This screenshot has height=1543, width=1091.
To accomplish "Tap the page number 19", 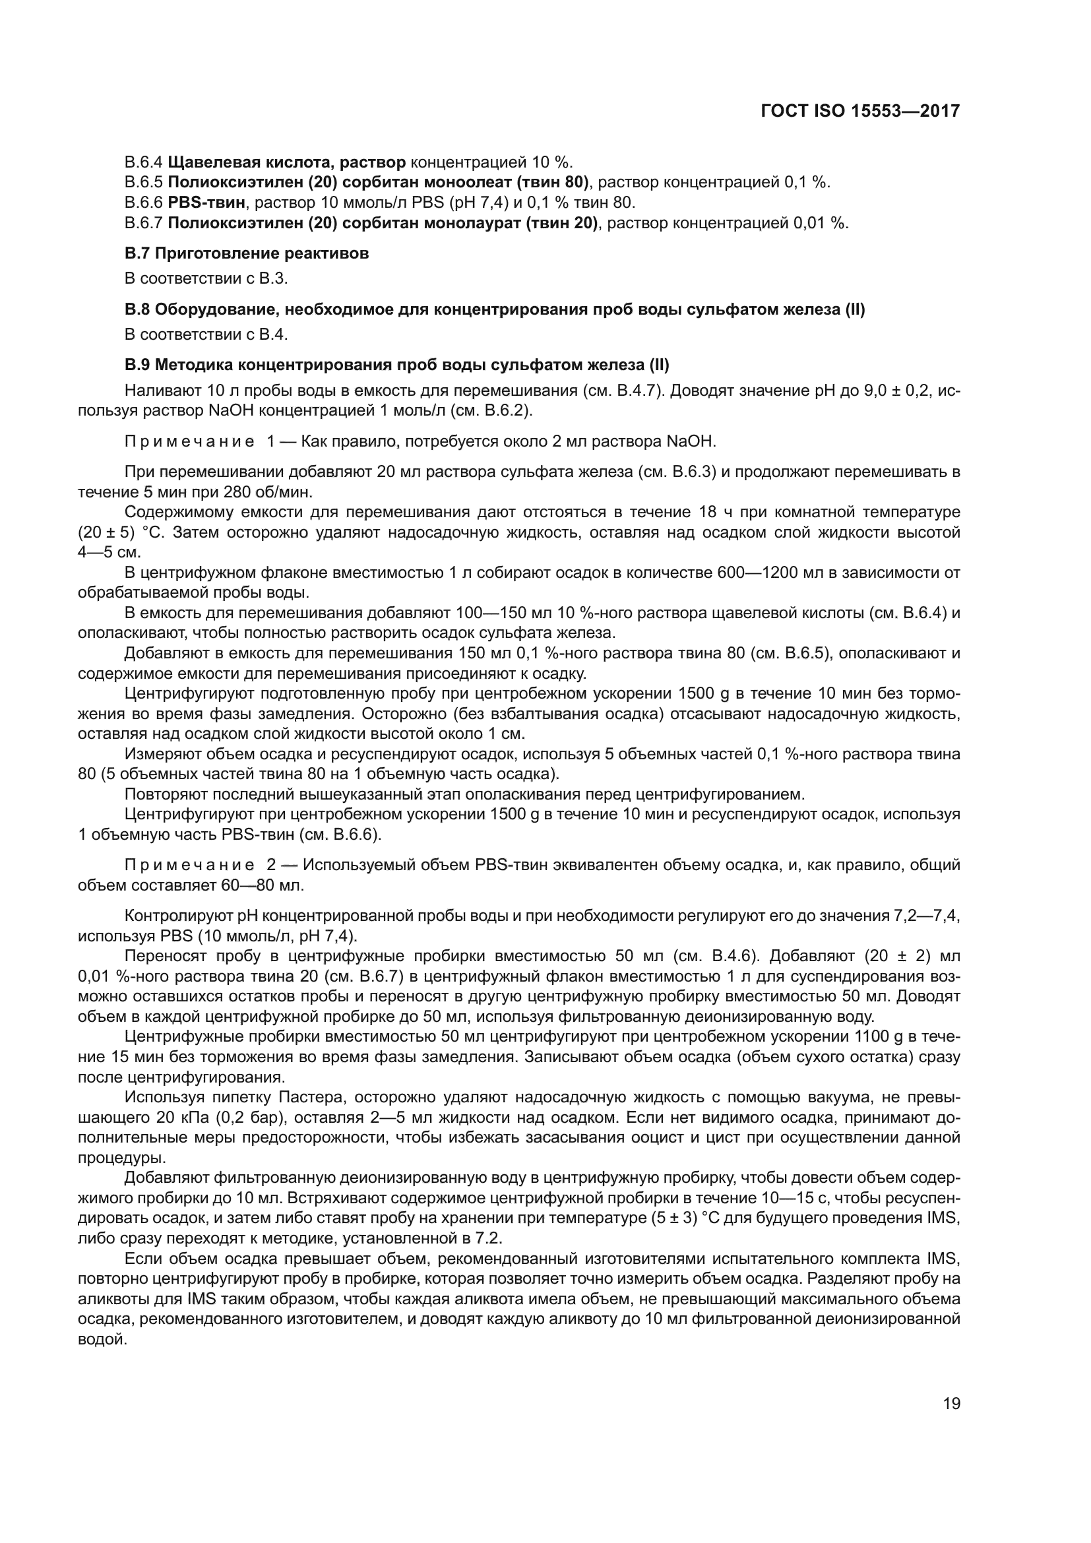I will [x=951, y=1404].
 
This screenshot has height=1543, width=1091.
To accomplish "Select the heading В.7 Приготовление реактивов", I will [x=247, y=253].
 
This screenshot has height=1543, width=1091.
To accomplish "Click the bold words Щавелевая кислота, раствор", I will [x=287, y=162].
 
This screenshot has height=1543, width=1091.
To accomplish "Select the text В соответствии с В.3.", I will [x=206, y=278].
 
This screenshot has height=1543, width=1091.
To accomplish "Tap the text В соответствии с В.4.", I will [x=206, y=334].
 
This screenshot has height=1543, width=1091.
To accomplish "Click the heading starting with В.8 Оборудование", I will [x=495, y=309].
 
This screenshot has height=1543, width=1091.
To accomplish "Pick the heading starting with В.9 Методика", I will [x=397, y=365].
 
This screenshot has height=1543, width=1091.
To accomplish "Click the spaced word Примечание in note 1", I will [x=189, y=441].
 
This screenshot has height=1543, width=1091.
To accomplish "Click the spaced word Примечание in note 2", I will [x=189, y=865].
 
